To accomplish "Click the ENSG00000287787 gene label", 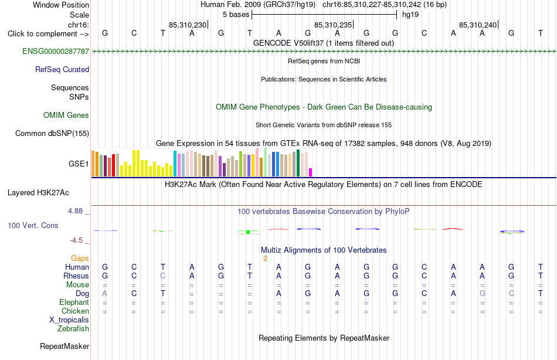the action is [x=56, y=52].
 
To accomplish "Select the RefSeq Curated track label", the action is [x=62, y=70].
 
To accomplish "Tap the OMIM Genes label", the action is [x=66, y=115].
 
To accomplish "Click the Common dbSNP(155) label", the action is [x=52, y=134].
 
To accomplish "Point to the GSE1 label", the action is [x=79, y=164].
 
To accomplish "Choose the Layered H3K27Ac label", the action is [x=38, y=193].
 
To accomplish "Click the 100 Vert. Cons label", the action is [x=33, y=226].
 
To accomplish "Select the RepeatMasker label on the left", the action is [x=64, y=346].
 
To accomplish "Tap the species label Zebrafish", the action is [x=73, y=329].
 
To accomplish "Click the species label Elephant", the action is [x=74, y=303].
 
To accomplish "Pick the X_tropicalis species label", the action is [x=69, y=320].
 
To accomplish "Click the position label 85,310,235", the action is [x=333, y=25].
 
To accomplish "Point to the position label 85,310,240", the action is [x=478, y=25].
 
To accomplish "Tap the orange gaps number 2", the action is [x=265, y=259].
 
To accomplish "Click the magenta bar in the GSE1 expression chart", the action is [x=311, y=172].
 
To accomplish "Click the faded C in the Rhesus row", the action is [x=162, y=276].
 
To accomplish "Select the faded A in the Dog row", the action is [x=104, y=294].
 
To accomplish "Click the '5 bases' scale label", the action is [x=236, y=15].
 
